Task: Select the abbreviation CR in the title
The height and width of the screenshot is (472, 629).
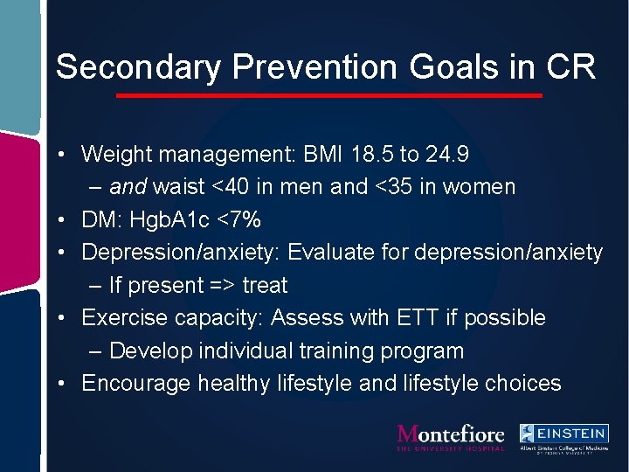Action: (573, 67)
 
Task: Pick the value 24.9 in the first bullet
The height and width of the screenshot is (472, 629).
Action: (447, 155)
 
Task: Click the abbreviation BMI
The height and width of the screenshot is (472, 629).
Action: (322, 155)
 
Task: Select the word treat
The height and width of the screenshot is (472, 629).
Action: (265, 286)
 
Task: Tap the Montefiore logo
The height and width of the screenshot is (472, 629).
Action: (451, 437)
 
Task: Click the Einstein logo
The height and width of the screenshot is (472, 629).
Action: (564, 437)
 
